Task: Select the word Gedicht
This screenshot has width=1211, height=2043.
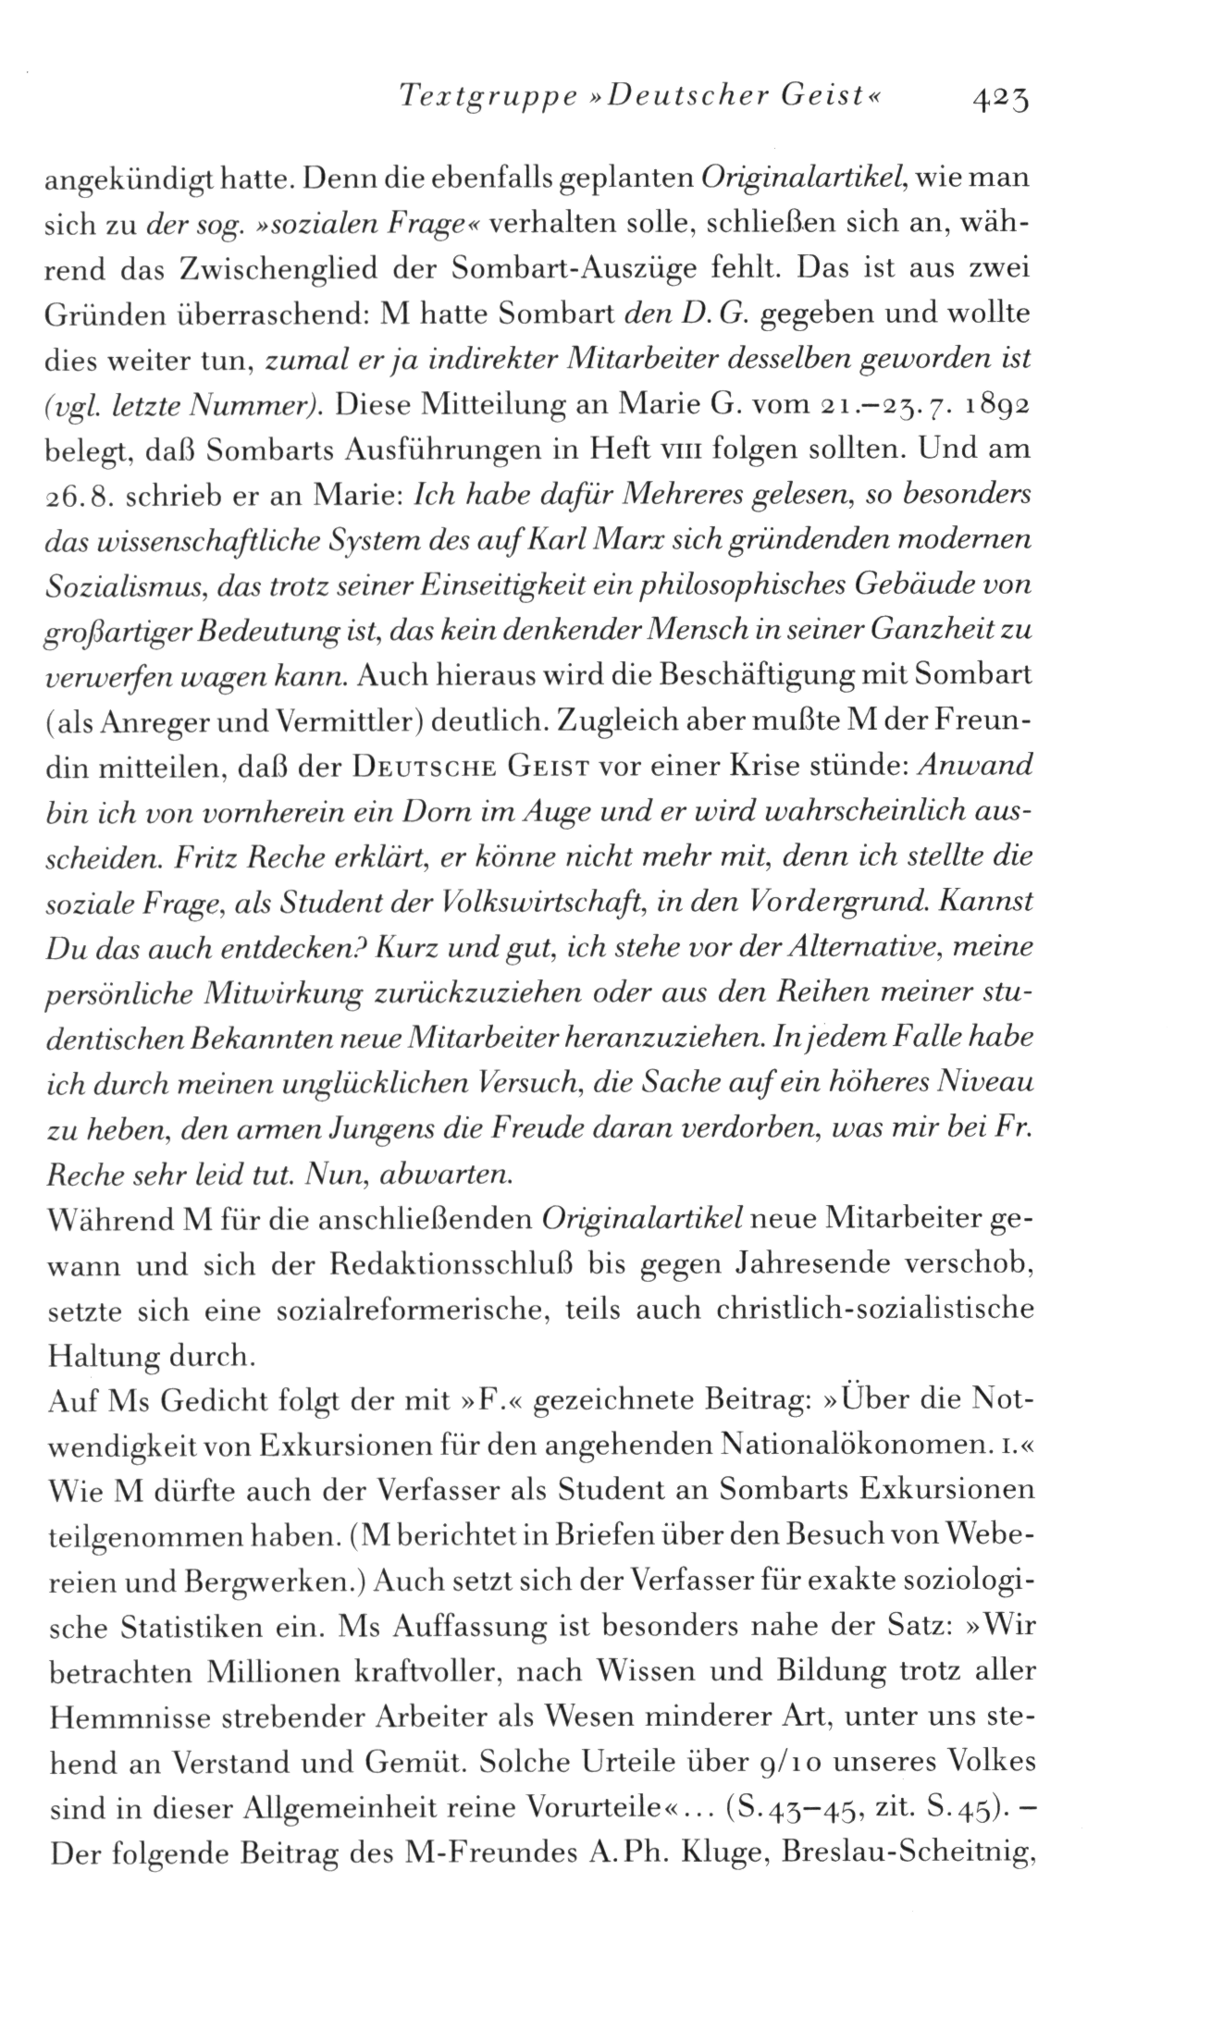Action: tap(214, 1408)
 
